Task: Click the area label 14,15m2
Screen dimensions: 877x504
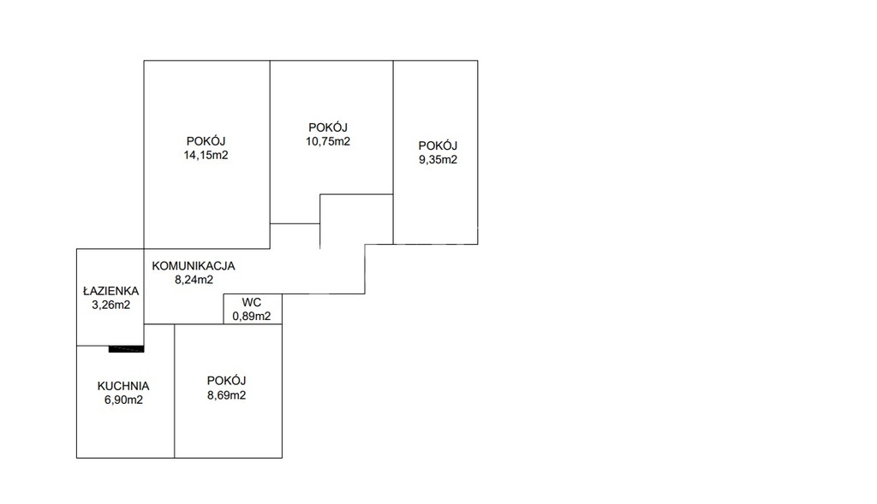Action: (x=206, y=156)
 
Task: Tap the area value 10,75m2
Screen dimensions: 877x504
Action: (x=328, y=141)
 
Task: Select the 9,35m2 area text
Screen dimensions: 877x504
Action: (x=438, y=160)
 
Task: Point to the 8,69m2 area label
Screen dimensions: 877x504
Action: (x=226, y=395)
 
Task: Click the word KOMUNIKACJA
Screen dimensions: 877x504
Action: (x=194, y=266)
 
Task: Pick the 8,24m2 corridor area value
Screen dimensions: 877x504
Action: (x=194, y=280)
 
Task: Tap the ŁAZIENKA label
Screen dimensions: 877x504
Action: (x=110, y=291)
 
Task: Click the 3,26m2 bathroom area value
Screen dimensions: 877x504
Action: (x=110, y=305)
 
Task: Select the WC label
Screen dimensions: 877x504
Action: (x=252, y=302)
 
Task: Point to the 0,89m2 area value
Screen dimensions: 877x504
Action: (x=252, y=317)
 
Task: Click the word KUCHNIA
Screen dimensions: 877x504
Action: (x=123, y=386)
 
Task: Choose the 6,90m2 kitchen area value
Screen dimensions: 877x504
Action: (x=123, y=400)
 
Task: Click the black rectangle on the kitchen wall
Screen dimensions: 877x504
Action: (x=127, y=349)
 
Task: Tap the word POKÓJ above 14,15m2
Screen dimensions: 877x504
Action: (x=206, y=141)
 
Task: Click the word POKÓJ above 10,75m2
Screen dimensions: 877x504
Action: (x=328, y=127)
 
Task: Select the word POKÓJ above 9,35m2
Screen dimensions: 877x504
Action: (x=438, y=145)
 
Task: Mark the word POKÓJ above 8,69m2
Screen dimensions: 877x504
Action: (x=226, y=381)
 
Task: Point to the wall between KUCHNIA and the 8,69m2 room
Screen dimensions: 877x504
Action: (x=175, y=391)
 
